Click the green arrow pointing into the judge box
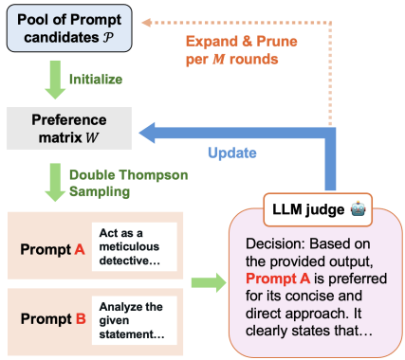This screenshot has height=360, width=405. pos(202,281)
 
